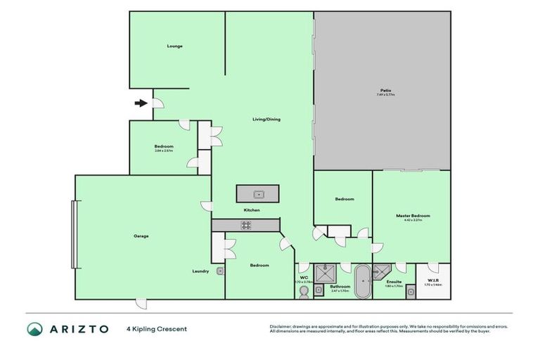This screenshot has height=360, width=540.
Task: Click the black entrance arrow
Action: tap(141, 103)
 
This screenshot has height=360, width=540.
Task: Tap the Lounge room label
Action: tap(175, 46)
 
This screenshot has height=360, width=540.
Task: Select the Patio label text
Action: tap(386, 90)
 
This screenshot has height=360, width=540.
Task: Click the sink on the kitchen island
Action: tap(258, 193)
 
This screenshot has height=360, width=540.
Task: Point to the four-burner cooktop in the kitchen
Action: tap(246, 225)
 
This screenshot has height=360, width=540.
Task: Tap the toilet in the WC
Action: tap(304, 291)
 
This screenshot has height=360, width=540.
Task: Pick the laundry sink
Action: tap(220, 271)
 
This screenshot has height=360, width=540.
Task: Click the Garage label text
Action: tap(141, 236)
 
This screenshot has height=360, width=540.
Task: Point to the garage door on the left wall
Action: tap(72, 234)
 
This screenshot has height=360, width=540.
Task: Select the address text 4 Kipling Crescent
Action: tap(157, 329)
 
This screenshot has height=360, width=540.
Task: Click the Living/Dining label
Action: tap(266, 119)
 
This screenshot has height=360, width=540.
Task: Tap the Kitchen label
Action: tap(252, 210)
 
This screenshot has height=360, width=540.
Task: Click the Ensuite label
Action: tap(394, 281)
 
